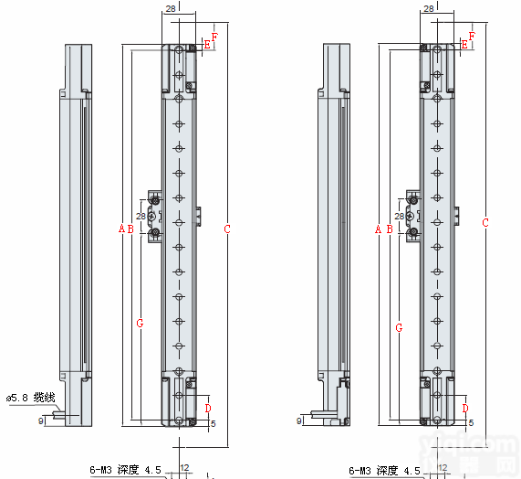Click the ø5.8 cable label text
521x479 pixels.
point(31,398)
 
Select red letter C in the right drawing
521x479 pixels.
point(485,222)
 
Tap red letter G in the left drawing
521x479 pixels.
point(140,323)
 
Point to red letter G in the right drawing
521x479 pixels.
point(399,325)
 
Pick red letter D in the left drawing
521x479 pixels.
point(208,408)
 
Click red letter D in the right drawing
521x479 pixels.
point(465,408)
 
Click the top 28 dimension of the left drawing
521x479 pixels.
point(171,8)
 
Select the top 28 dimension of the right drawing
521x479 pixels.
point(429,8)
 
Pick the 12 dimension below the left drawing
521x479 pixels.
point(184,468)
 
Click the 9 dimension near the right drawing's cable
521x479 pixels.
point(300,420)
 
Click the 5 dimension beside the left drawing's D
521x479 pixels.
point(214,423)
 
